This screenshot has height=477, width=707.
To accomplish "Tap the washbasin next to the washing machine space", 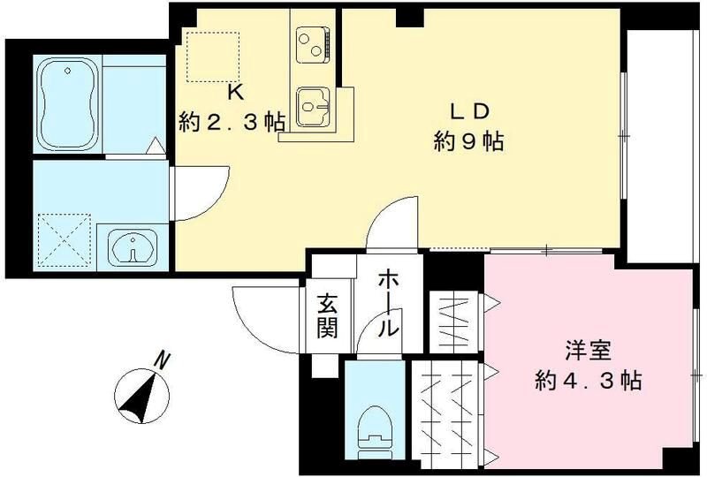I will [x=133, y=247].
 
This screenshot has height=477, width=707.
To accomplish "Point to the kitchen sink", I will [x=313, y=110].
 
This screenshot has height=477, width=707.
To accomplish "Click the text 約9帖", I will [x=468, y=140].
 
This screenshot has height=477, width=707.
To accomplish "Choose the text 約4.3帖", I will [x=588, y=381].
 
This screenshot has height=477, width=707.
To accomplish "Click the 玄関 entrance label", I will [x=327, y=314].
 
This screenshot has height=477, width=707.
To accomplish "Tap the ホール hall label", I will [x=387, y=305].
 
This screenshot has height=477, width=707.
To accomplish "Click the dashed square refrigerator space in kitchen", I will [x=213, y=57].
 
